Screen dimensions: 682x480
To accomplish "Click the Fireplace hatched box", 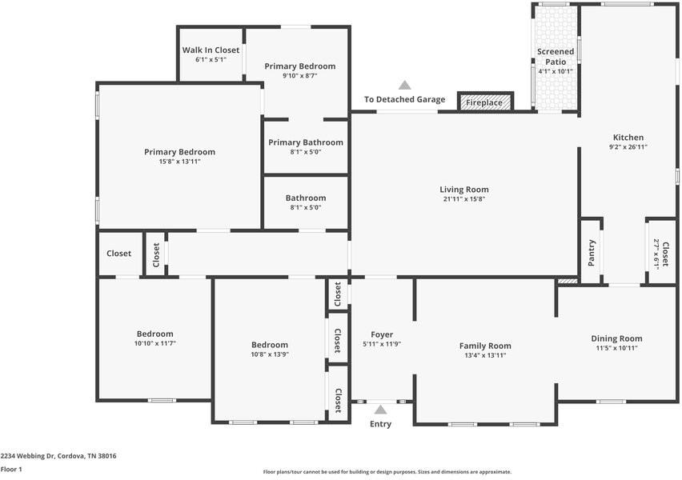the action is click(485, 102).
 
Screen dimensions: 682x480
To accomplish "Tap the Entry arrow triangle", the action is click(380, 410).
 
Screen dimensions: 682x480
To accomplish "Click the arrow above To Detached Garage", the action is click(405, 85).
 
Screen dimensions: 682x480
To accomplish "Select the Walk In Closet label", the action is click(211, 50).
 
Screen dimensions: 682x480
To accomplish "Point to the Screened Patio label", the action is click(556, 57).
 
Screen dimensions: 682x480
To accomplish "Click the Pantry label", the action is click(591, 253).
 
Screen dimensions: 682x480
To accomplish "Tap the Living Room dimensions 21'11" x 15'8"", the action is click(464, 199).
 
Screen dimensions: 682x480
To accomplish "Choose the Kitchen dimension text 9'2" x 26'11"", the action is click(628, 147).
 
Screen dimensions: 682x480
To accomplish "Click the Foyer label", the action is click(382, 334).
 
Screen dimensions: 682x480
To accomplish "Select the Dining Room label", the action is click(616, 338).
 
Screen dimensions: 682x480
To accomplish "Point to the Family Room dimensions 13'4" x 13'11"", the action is click(485, 355).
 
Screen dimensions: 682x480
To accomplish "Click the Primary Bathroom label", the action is click(305, 142).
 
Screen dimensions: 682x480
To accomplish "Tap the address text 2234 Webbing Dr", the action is click(27, 456).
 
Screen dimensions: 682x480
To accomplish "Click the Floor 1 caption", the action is click(11, 469).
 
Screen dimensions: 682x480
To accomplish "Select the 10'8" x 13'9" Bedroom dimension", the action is click(270, 354).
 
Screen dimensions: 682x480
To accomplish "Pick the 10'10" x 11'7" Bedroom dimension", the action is click(154, 343).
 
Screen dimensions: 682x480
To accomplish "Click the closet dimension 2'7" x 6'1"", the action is click(656, 254).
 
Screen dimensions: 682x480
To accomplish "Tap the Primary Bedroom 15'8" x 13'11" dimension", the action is click(179, 162).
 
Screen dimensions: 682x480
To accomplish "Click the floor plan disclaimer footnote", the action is click(387, 472).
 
